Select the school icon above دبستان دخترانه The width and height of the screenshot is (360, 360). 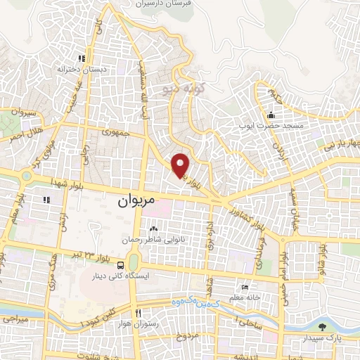coord(82,59)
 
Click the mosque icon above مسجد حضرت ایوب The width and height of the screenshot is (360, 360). coord(271,115)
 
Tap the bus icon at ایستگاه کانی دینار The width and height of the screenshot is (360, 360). coord(122,266)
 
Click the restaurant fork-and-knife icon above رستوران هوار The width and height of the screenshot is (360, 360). coord(139,313)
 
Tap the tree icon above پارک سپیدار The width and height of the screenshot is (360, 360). coord(322,326)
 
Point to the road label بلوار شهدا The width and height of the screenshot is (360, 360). coord(66,182)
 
